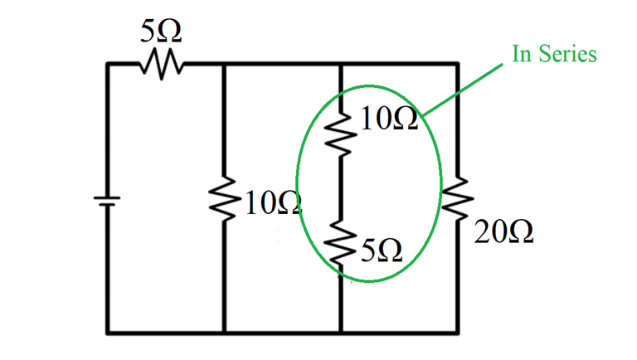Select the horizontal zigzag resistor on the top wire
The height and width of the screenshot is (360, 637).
pos(158,62)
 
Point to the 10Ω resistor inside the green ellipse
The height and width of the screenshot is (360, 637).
pos(341,134)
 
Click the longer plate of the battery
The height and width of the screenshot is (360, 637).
pos(107,197)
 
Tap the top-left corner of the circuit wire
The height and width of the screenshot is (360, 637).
pos(108,63)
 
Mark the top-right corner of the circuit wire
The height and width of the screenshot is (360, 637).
pos(457,63)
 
